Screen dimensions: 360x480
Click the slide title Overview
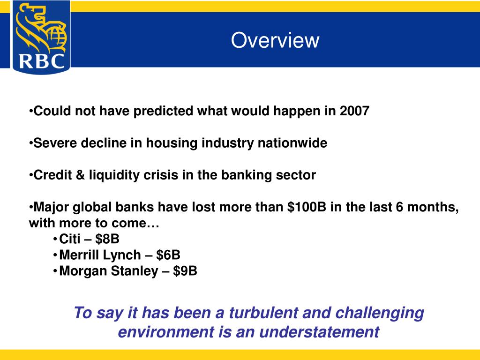(275, 40)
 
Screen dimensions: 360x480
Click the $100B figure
(307, 207)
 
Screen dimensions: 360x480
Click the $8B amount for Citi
(107, 239)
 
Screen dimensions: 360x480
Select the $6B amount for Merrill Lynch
(168, 255)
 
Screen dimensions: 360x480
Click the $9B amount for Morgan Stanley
(185, 271)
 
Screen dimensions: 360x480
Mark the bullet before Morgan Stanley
(55, 271)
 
